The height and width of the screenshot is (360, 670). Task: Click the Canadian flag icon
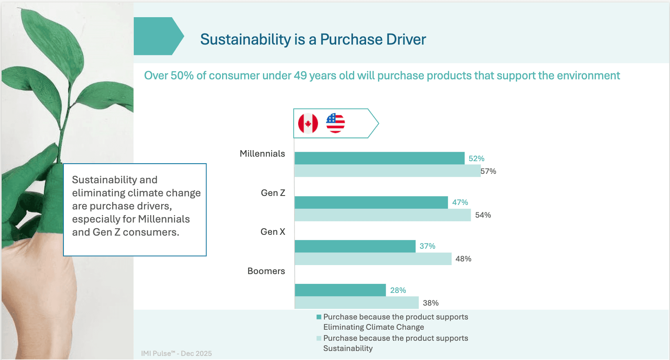pyautogui.click(x=308, y=123)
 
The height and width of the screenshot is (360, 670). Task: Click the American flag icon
pyautogui.click(x=335, y=123)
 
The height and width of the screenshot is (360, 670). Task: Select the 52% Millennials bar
pyautogui.click(x=379, y=158)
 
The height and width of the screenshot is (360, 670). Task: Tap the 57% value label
pyautogui.click(x=488, y=171)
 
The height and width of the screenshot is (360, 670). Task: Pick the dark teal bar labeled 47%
pyautogui.click(x=371, y=202)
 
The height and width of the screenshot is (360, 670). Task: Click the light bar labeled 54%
pyautogui.click(x=382, y=215)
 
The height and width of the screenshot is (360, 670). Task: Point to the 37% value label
pyautogui.click(x=427, y=246)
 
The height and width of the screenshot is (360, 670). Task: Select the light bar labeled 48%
pyautogui.click(x=373, y=259)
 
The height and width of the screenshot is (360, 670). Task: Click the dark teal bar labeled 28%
pyautogui.click(x=340, y=290)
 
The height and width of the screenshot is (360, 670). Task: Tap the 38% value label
pyautogui.click(x=431, y=303)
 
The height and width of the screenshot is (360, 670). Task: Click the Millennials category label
pyautogui.click(x=262, y=154)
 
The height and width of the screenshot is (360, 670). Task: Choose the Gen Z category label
pyautogui.click(x=273, y=193)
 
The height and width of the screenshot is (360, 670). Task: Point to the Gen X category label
pyautogui.click(x=273, y=232)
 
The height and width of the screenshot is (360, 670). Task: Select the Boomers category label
pyautogui.click(x=266, y=271)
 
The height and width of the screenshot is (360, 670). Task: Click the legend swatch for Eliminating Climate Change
pyautogui.click(x=319, y=317)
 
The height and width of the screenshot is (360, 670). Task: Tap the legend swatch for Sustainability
pyautogui.click(x=319, y=338)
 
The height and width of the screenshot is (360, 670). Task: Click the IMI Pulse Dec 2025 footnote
pyautogui.click(x=176, y=353)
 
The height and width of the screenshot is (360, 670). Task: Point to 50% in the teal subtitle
pyautogui.click(x=182, y=76)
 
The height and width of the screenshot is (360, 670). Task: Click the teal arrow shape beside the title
pyautogui.click(x=158, y=36)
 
